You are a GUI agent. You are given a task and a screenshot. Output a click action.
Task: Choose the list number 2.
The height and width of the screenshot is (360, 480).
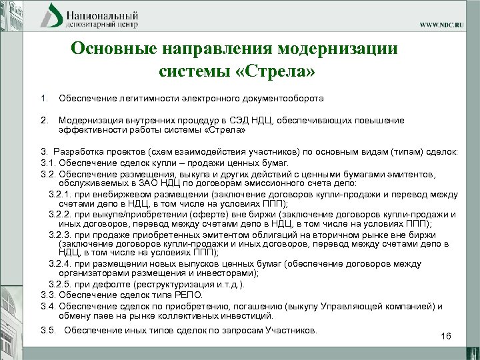pos(44,120)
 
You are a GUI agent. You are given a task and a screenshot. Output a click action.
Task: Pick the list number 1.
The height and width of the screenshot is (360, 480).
pos(44,99)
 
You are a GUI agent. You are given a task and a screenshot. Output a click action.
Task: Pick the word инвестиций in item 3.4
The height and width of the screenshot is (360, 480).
pos(249,315)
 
